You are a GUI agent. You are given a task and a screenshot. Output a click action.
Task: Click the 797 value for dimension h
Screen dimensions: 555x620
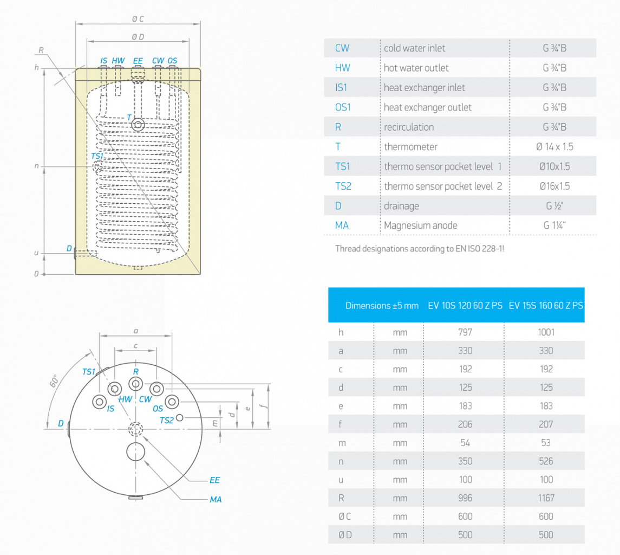coord(465,332)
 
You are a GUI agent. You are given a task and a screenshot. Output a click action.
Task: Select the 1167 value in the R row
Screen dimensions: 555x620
coord(546,498)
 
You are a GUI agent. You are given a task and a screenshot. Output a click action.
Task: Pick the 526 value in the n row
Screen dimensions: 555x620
coord(546,461)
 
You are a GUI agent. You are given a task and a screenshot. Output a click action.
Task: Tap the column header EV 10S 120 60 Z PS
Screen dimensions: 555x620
coord(465,305)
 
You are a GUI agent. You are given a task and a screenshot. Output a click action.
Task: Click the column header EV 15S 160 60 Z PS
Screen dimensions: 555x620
coord(546,305)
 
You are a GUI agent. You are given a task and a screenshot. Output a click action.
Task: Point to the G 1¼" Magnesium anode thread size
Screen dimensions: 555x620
coord(554,225)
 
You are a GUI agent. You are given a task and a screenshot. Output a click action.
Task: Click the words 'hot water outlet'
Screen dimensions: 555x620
coord(416,68)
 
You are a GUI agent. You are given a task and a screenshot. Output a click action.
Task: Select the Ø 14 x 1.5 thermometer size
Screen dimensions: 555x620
coord(554,147)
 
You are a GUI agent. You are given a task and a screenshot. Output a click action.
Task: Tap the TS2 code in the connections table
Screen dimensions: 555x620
coord(343,186)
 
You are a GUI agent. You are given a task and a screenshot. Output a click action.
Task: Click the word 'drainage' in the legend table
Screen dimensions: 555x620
coord(401,206)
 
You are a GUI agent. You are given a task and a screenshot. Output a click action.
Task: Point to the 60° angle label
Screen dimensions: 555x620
coord(54,380)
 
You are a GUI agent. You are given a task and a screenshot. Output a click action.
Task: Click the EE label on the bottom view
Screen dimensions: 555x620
coord(214,480)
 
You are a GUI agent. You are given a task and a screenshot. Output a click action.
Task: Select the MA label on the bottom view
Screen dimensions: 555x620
coord(216,499)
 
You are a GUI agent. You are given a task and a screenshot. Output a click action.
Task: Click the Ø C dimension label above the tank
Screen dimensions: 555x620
coord(138,19)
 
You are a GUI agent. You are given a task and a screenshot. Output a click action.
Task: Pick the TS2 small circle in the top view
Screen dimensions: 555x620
coord(180,417)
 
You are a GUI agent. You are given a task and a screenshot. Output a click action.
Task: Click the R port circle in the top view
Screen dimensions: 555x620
coord(135,384)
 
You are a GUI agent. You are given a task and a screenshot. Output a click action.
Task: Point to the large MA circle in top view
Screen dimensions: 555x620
coord(135,451)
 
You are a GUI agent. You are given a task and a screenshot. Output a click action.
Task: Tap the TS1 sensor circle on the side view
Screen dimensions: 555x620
coord(97,167)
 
